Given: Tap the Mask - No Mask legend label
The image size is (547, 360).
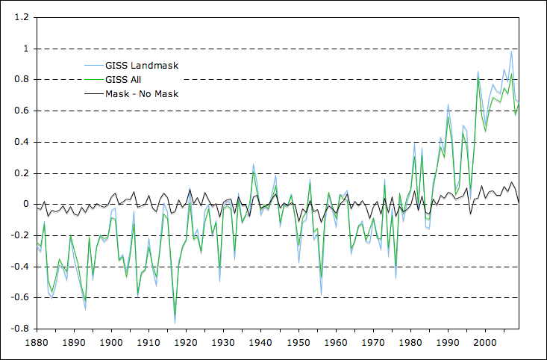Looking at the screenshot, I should tap(141, 93).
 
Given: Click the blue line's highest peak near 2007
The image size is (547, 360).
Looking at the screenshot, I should tap(511, 51).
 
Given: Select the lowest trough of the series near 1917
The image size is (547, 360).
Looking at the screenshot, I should tap(175, 323).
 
